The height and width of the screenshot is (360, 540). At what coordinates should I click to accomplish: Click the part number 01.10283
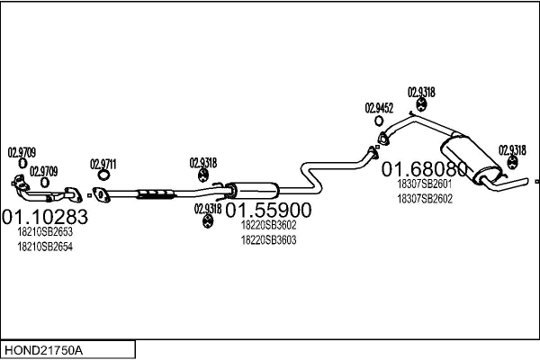(45, 217)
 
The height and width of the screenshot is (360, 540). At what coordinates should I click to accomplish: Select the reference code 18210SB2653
(45, 232)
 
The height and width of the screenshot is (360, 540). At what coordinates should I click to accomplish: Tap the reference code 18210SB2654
(45, 247)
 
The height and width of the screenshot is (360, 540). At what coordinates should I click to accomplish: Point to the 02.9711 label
(103, 164)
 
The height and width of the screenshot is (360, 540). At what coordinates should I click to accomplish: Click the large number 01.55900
(268, 211)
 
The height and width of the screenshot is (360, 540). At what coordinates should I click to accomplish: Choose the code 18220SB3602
(268, 225)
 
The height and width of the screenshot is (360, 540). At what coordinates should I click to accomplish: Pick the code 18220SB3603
(268, 240)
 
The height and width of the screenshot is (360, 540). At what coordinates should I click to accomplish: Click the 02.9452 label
(380, 109)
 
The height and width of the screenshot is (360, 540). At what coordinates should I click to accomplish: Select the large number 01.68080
(426, 169)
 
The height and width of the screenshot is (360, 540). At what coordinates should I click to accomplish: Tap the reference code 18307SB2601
(425, 184)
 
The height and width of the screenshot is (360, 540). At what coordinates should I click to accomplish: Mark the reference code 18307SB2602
(425, 199)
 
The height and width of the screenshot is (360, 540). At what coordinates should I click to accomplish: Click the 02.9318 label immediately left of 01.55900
(207, 209)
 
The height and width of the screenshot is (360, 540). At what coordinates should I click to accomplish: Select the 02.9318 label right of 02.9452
(421, 92)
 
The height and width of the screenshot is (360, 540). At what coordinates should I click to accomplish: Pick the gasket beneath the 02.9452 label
(382, 138)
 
